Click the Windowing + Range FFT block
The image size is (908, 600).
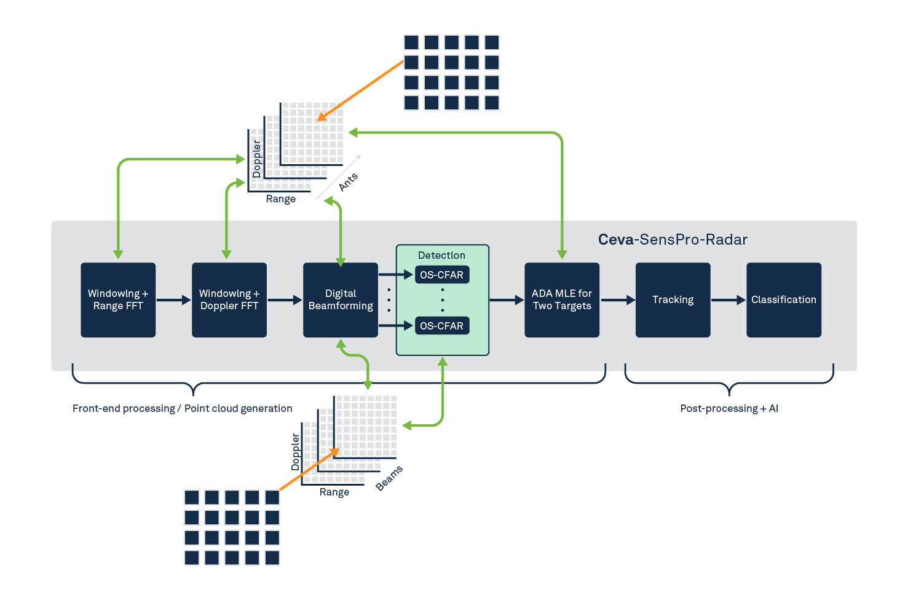pos(118,300)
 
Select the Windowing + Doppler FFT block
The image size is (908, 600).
pos(229,300)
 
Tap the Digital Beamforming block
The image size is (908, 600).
pos(341,300)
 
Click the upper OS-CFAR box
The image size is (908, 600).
pos(442,275)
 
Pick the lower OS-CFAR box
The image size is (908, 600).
pos(442,326)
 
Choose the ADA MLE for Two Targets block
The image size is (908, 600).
pos(562,300)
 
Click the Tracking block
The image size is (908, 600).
pos(673,300)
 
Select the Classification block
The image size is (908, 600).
pos(784,300)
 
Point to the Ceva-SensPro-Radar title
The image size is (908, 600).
pos(673,240)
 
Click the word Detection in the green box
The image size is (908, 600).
pos(441,255)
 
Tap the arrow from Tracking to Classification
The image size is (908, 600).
pos(728,300)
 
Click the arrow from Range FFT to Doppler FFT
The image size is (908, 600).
pos(173,300)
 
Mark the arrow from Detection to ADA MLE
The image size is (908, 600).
pos(507,300)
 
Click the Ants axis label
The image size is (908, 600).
pos(349,182)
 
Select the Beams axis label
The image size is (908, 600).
pos(389,478)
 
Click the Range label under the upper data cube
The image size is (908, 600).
pos(281,199)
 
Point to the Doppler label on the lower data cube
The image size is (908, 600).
pos(296,452)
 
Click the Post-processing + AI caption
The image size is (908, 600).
pos(729,409)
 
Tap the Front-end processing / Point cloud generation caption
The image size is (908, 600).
pos(183,409)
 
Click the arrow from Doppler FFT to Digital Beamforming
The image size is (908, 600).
pos(285,300)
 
